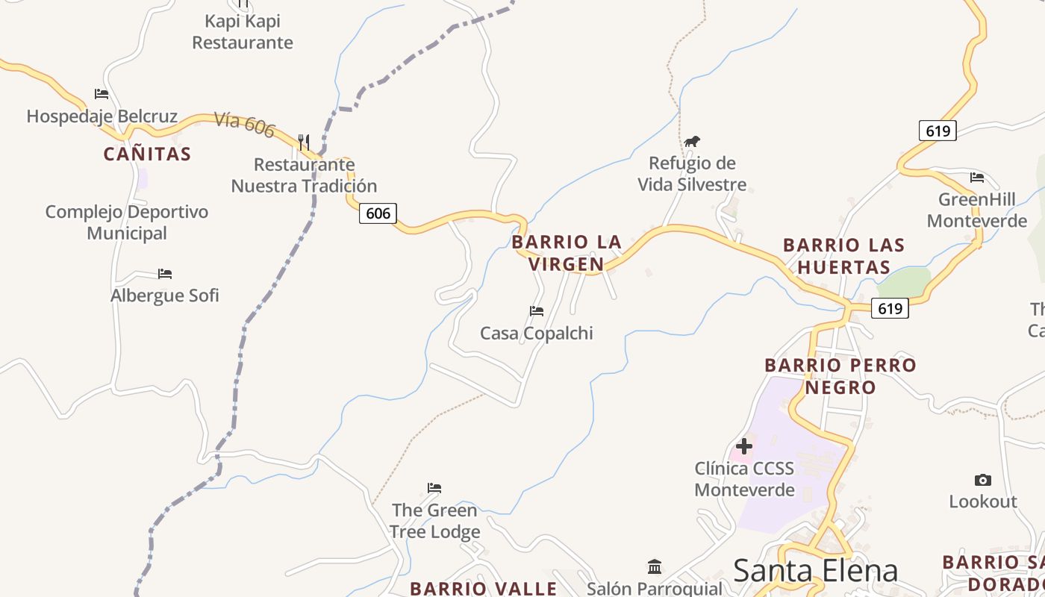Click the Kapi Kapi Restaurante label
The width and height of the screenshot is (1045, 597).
coord(243,32)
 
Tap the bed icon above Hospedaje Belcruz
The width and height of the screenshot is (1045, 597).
coord(102,94)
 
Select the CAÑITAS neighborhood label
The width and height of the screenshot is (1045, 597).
coord(147,154)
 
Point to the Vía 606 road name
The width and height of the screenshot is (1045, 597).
coord(245,124)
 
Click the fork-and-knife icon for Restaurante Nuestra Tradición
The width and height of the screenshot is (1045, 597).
coord(304,141)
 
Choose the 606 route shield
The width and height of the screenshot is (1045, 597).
coord(378,213)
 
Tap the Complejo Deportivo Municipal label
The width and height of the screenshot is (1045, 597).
coord(127,222)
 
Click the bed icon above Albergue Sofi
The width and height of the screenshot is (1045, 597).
coord(165,274)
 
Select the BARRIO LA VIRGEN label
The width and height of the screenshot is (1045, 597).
coord(567,253)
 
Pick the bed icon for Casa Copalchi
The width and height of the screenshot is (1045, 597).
coord(537,311)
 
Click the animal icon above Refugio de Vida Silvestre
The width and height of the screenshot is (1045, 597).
coord(692,141)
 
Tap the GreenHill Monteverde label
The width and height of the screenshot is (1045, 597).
coord(976,210)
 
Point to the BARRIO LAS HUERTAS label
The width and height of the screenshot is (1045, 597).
coord(843,256)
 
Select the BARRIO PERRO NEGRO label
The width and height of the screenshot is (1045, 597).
coord(840,376)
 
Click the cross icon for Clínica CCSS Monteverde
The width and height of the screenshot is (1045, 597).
coord(744,446)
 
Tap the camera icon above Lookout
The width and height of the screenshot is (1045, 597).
coord(983,480)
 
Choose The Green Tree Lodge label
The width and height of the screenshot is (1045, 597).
coord(434,521)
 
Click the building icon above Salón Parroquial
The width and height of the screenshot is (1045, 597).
coord(655,566)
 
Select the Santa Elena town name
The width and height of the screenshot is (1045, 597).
coord(815,570)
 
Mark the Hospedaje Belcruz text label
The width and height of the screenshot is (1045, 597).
coord(102,116)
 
